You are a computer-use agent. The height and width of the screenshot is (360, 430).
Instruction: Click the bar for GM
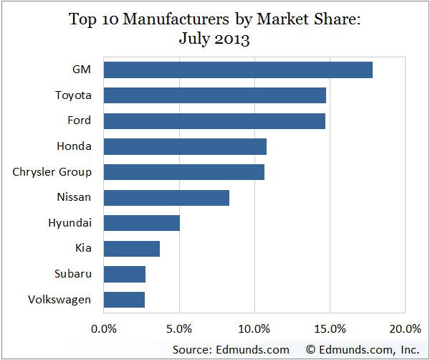238,70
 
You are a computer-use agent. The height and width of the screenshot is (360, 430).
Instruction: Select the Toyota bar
215,95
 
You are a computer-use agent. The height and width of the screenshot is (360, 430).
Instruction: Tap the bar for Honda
185,146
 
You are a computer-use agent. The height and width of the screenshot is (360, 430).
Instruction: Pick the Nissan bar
166,197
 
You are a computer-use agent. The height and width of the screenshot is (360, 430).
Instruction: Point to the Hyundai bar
142,223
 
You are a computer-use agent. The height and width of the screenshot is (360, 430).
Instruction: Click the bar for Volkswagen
124,299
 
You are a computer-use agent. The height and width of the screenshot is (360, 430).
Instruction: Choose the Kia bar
132,248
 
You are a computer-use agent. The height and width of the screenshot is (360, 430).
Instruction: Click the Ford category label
77,120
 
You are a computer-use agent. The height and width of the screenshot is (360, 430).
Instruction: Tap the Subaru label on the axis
72,274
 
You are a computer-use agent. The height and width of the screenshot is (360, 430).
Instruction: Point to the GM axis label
81,70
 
